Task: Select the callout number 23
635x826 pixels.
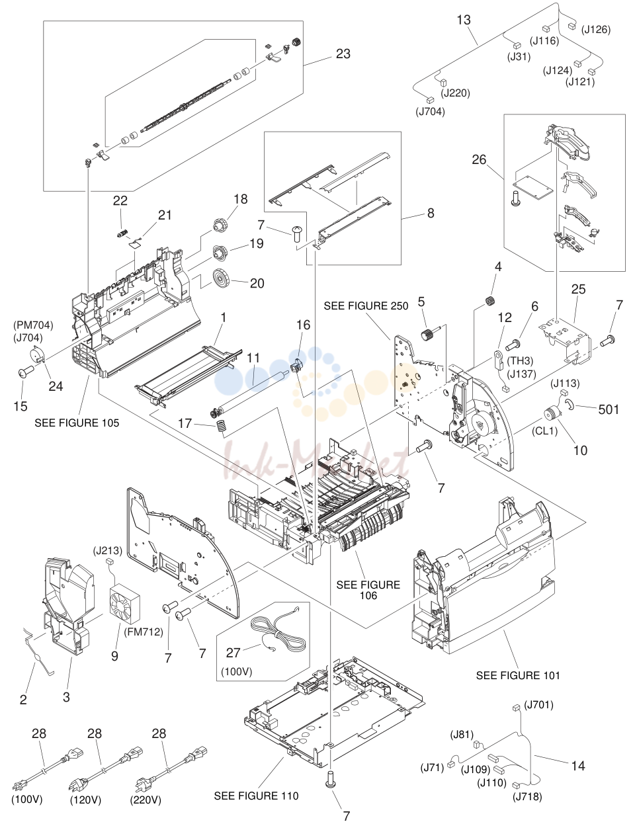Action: [343, 54]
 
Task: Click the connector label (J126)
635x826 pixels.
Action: [595, 30]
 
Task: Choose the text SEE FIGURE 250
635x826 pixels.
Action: [366, 306]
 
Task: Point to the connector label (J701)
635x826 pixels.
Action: [538, 705]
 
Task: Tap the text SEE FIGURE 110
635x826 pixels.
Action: [256, 796]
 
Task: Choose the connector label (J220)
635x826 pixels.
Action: [455, 93]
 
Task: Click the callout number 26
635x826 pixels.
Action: [479, 159]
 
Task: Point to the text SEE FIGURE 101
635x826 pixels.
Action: [518, 675]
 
